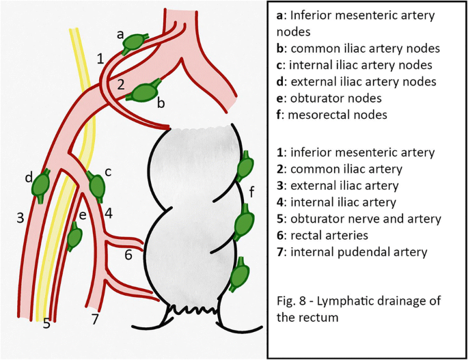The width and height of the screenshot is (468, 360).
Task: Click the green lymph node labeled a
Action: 132,42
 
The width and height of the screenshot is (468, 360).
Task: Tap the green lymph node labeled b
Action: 145,92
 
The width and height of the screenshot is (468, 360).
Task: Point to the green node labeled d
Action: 42,184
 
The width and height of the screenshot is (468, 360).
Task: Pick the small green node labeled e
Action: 74,236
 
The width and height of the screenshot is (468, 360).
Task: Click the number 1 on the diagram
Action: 100,59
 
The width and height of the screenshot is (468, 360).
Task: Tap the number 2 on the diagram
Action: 120,85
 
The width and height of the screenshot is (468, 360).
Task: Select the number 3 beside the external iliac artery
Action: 20,218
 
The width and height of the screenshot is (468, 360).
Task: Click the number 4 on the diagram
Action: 108,212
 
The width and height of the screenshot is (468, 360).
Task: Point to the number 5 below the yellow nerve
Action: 46,324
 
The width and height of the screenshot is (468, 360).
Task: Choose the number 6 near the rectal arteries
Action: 128,255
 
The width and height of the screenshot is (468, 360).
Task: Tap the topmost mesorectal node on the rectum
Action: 245,167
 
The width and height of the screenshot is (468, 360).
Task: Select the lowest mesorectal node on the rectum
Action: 238,275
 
